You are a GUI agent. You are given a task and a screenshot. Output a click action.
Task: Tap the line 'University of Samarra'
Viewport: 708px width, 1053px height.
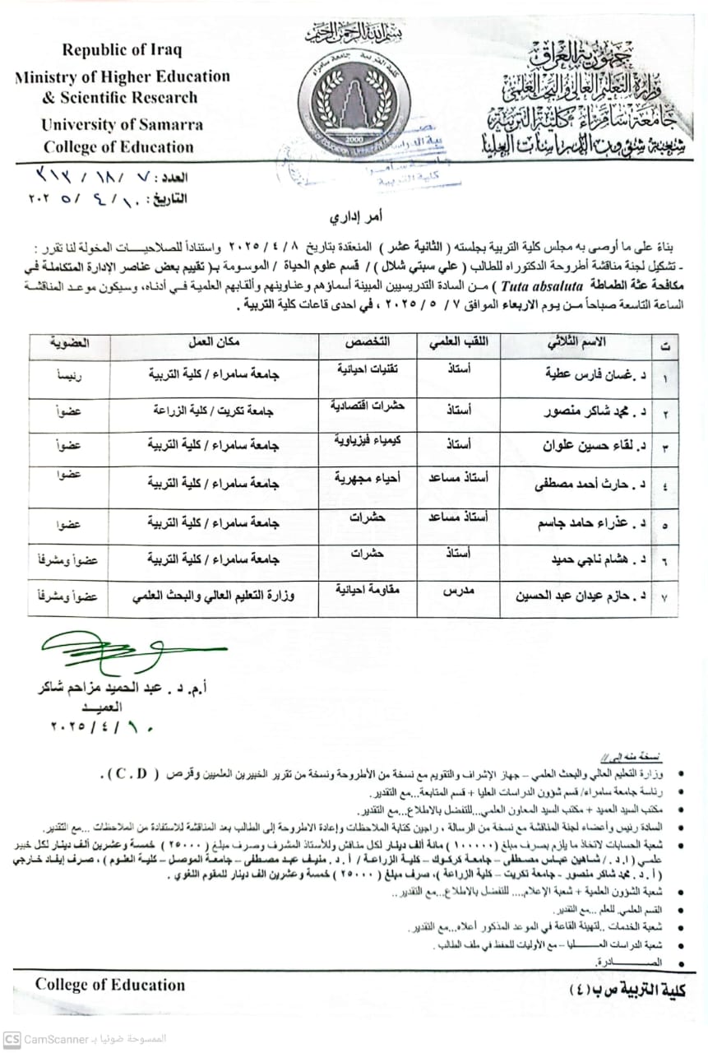point(123,125)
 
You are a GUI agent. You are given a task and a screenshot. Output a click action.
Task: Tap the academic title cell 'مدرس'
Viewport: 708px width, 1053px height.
point(450,592)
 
